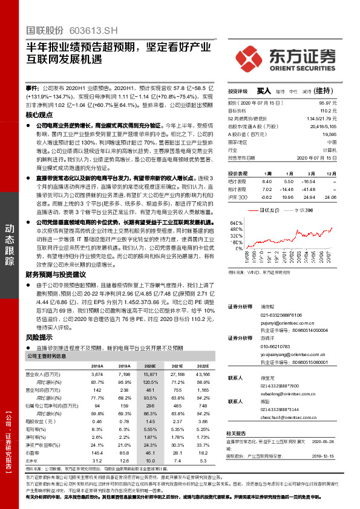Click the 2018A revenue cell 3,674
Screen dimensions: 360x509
[x=97, y=375]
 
